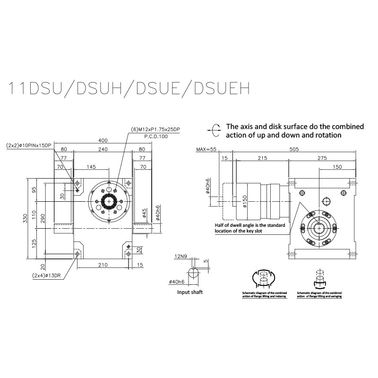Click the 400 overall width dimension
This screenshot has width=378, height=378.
point(103,141)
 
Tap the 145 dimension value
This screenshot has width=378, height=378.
point(91,167)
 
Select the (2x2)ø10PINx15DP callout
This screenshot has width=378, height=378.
point(28,145)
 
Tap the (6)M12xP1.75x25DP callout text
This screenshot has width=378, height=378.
point(155,129)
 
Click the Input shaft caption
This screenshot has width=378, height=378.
point(190,292)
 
